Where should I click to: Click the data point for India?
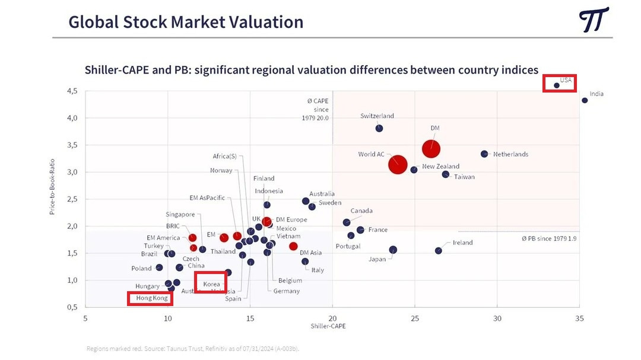tap(585, 100)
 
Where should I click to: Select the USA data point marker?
tap(557, 85)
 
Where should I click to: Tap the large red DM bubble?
tap(431, 149)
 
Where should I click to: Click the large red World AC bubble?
tap(398, 164)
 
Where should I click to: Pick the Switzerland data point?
tap(379, 128)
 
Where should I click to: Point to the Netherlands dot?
tap(484, 154)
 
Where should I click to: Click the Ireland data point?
tap(439, 251)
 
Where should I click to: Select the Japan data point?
tap(393, 250)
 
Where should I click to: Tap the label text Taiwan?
tap(464, 177)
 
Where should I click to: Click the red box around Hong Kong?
tap(151, 298)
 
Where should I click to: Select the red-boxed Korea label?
tap(211, 283)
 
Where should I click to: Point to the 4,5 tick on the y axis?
tap(72, 91)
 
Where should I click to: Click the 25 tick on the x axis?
tap(415, 318)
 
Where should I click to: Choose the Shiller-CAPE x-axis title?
tap(328, 327)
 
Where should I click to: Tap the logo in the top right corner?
tap(594, 20)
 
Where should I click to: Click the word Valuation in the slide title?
tap(259, 22)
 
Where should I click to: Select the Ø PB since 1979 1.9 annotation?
tap(550, 238)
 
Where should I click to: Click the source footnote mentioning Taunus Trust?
tap(193, 349)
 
